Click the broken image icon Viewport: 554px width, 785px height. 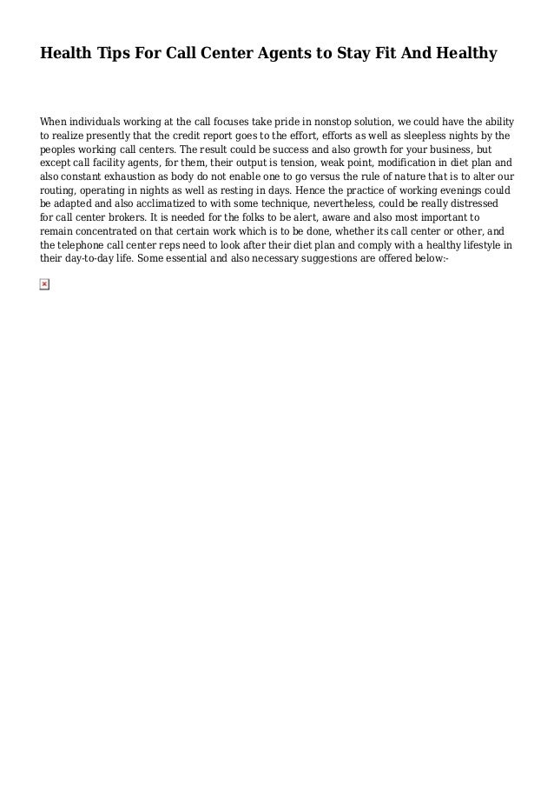point(45,284)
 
